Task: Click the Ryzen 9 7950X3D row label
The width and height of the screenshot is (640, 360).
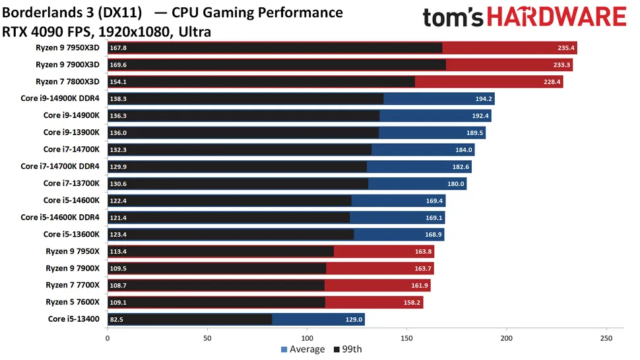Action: coord(68,47)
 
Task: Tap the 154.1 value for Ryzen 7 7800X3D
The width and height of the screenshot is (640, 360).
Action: coord(119,82)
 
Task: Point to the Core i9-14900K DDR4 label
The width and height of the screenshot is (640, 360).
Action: coord(60,98)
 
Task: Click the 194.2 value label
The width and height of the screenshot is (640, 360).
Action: coord(484,98)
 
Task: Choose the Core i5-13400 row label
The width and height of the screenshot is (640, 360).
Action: coord(74,319)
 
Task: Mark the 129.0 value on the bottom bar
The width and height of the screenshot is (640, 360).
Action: coord(354,319)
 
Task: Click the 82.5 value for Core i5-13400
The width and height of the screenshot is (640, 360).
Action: coord(117,319)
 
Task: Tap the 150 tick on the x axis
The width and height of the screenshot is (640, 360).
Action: coord(406,338)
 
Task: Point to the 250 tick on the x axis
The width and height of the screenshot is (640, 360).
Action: coord(606,338)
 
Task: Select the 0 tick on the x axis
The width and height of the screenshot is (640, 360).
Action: coord(108,338)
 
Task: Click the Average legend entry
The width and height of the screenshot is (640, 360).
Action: coord(303,349)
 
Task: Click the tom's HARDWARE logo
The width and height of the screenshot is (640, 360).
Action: coord(524,18)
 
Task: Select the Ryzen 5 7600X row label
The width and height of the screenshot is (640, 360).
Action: coord(73,302)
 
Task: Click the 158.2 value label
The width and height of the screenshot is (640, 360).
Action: coord(411,302)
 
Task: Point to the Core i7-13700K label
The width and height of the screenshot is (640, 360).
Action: coord(71,183)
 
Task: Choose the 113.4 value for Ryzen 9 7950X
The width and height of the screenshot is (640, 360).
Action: coord(119,251)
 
